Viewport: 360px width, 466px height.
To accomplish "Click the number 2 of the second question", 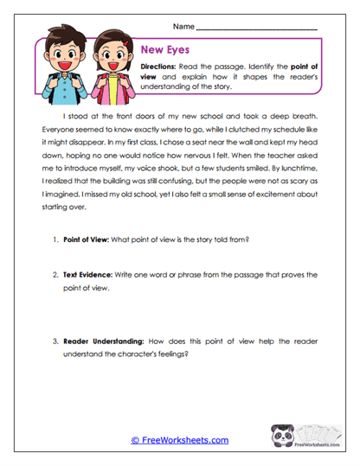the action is [55, 274].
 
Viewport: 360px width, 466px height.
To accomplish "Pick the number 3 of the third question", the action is [55, 340].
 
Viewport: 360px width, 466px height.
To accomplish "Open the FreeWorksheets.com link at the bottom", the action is [179, 439].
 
